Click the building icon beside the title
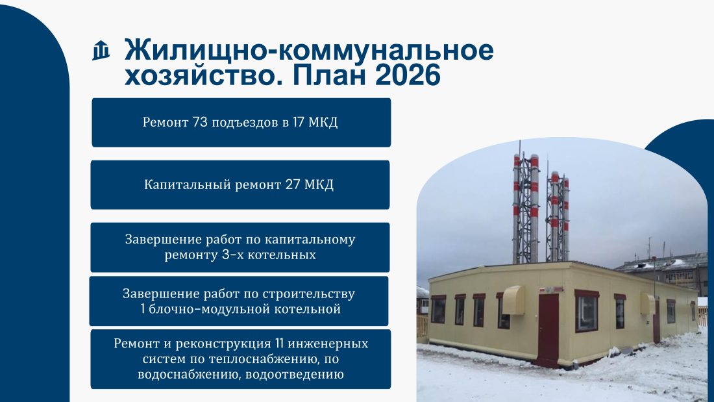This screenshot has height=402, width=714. [101, 51]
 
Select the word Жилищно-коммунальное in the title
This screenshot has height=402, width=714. [309, 49]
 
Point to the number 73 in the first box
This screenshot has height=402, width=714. [200, 122]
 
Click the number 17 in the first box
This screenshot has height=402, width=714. [299, 122]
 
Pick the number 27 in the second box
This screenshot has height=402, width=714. [293, 184]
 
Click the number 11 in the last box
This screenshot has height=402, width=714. [279, 343]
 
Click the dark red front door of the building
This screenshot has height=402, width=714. [548, 329]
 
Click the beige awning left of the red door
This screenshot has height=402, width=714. [514, 300]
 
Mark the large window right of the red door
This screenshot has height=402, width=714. [587, 313]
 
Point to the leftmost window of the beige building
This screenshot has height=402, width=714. [439, 310]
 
